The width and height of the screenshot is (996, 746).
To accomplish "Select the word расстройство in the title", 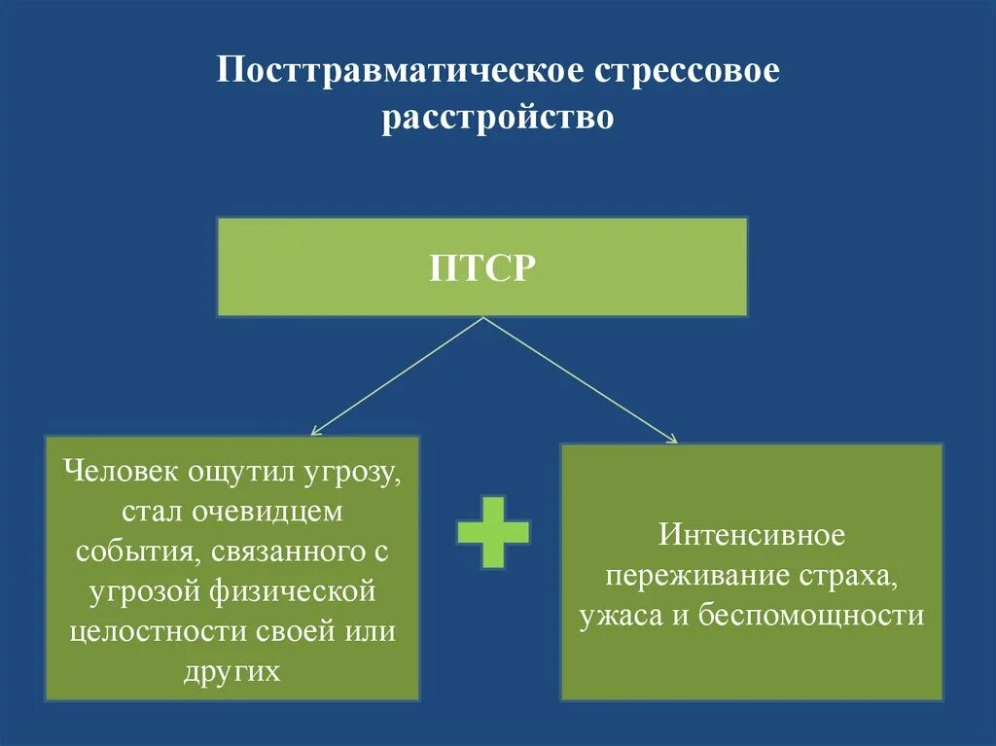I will [x=498, y=118].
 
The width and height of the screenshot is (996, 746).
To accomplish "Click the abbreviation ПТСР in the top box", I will [x=482, y=267].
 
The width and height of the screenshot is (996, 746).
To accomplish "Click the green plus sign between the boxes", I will [x=493, y=532].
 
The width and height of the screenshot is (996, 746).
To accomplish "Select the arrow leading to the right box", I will [x=580, y=380].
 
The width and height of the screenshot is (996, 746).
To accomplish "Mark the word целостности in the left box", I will [x=160, y=631].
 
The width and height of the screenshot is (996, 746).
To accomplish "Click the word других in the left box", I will [x=231, y=671].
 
